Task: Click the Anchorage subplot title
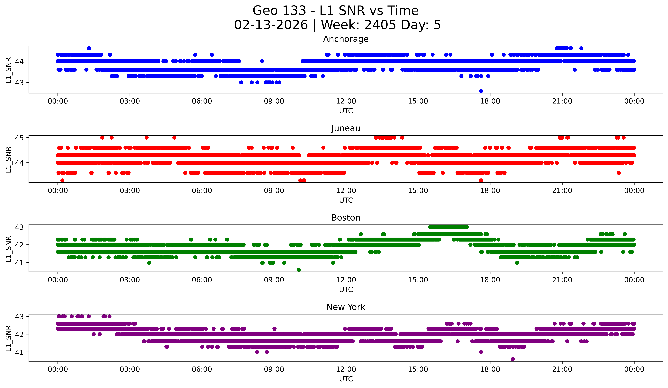coord(346,39)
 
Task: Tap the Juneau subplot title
coord(346,128)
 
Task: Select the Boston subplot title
coord(346,218)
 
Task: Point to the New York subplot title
coord(346,307)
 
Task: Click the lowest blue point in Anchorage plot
coord(481,91)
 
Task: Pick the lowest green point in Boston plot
coord(299,270)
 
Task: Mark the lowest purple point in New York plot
coord(512,359)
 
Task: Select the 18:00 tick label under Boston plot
coord(490,280)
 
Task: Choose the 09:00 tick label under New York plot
coord(274,369)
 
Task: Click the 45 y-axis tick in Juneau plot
coord(19,138)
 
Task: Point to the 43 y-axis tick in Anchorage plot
coord(19,83)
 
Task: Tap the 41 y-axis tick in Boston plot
coord(19,263)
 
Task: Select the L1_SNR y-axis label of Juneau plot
coord(8,160)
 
